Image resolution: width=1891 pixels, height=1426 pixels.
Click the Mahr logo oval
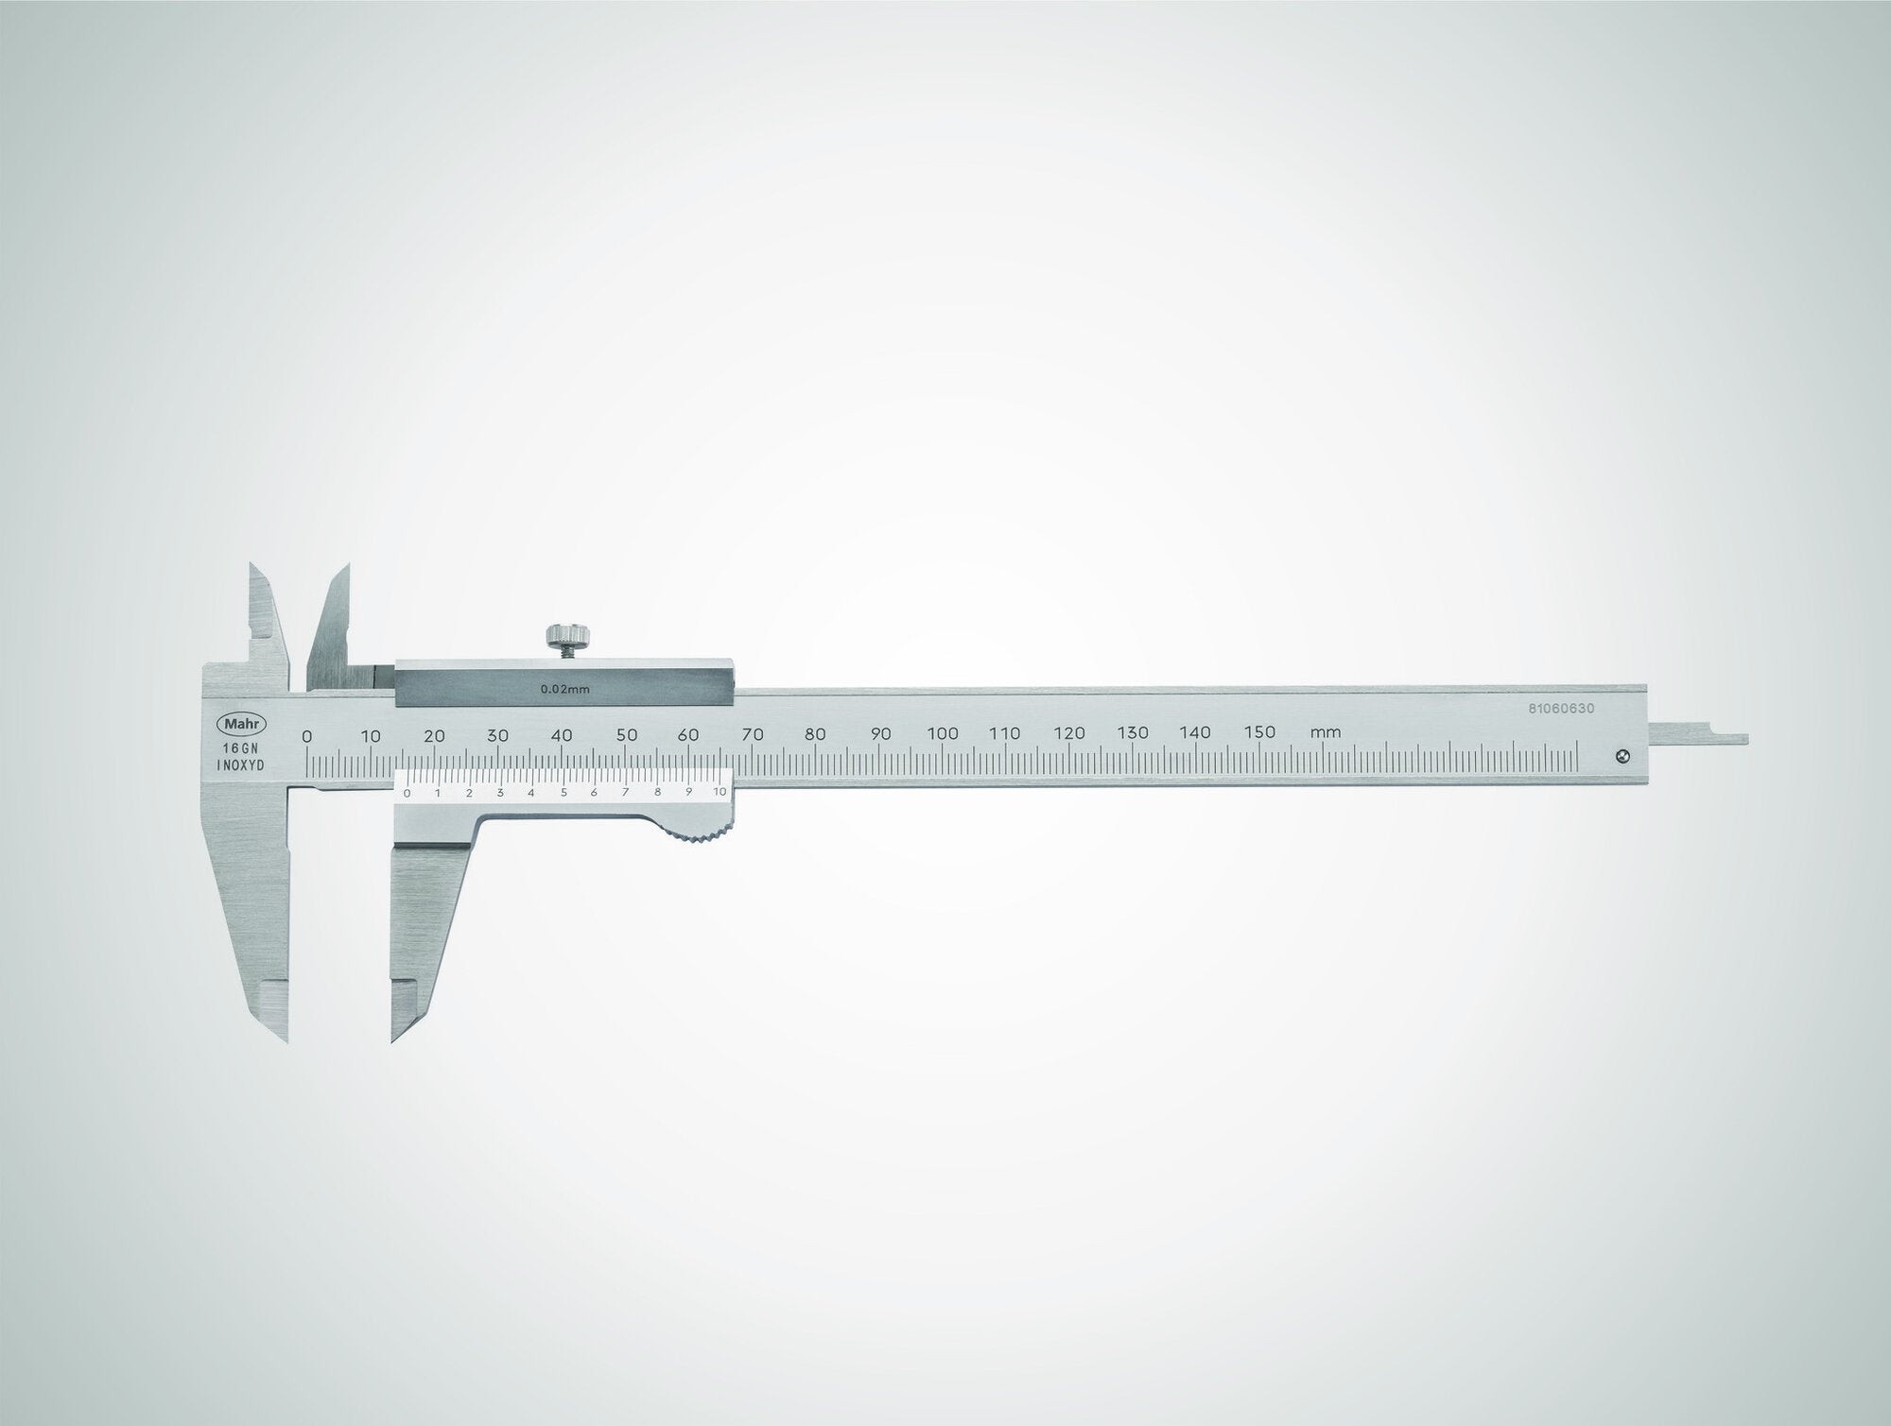244,724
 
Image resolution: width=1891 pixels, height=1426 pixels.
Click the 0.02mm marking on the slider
564,689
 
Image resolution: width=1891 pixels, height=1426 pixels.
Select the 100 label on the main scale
943,733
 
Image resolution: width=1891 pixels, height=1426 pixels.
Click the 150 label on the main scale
1259,732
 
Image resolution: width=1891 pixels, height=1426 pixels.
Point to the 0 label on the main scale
306,734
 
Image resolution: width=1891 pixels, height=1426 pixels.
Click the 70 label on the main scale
753,733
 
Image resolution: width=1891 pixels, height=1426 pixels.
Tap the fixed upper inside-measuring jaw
267,619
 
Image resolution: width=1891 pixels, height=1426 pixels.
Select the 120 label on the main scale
1069,733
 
